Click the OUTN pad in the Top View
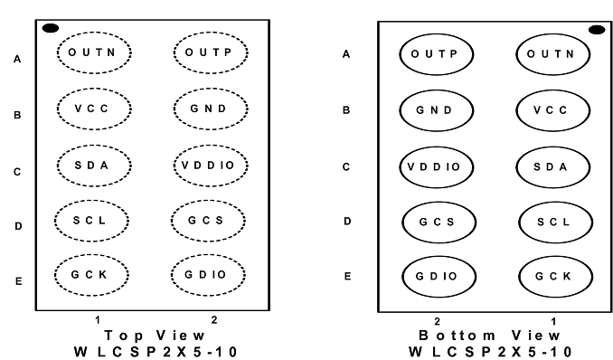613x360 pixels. click(x=94, y=52)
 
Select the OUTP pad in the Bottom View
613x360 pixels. click(x=437, y=54)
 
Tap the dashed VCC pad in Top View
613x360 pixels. click(x=94, y=109)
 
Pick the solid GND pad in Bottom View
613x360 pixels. click(x=437, y=110)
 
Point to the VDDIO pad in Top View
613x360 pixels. click(x=211, y=166)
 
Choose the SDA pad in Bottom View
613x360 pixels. click(x=552, y=167)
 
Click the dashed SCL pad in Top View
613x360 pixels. click(x=91, y=221)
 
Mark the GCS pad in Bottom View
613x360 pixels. click(x=439, y=223)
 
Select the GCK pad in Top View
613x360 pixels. click(x=91, y=275)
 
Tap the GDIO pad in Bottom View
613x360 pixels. click(x=439, y=277)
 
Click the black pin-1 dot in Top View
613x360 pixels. click(x=51, y=28)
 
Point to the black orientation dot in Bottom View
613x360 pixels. click(x=597, y=30)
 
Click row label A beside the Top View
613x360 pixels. click(x=17, y=59)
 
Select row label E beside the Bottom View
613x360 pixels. click(x=347, y=277)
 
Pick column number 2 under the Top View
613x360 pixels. click(x=214, y=320)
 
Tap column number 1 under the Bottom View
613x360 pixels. click(x=553, y=322)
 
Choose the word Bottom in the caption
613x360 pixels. click(x=457, y=336)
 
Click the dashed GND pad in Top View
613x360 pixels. click(x=211, y=109)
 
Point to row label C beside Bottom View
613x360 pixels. click(x=346, y=167)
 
